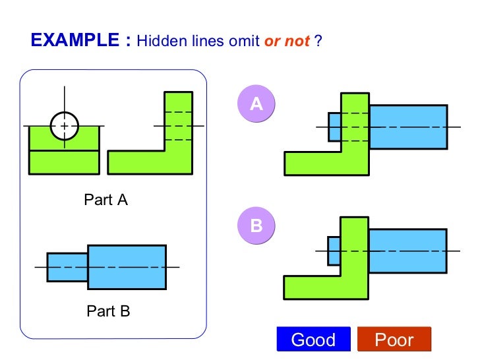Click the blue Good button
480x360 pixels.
tap(313, 340)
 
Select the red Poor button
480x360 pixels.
tap(394, 340)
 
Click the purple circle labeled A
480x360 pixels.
tap(256, 104)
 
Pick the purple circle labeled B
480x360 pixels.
tap(256, 226)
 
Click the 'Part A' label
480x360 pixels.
tap(105, 200)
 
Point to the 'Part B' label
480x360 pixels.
tap(108, 311)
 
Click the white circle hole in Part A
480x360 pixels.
tap(64, 125)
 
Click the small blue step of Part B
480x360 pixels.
tap(67, 267)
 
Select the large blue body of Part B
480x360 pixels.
tap(127, 267)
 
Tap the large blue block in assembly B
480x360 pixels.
tap(407, 251)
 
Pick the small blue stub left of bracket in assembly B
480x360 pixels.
tap(334, 251)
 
